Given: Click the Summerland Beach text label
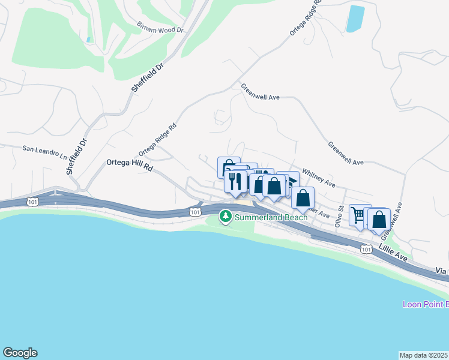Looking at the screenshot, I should (271, 217).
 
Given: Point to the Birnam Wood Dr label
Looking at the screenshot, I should (160, 28).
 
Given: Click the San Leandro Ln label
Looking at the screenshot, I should (45, 151).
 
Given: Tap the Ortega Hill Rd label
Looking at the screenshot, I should (129, 164).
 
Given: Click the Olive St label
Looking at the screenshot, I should (339, 216).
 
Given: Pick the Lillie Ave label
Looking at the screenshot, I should (393, 256).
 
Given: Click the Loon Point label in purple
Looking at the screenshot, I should (425, 304).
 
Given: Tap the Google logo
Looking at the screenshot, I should (20, 353).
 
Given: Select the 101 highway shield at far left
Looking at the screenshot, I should (32, 202).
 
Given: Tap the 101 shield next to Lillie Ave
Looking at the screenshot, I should (366, 248).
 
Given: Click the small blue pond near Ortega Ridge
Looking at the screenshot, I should (355, 19).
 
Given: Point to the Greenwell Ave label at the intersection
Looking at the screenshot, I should (261, 92).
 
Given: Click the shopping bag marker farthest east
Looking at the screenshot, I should (379, 220).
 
